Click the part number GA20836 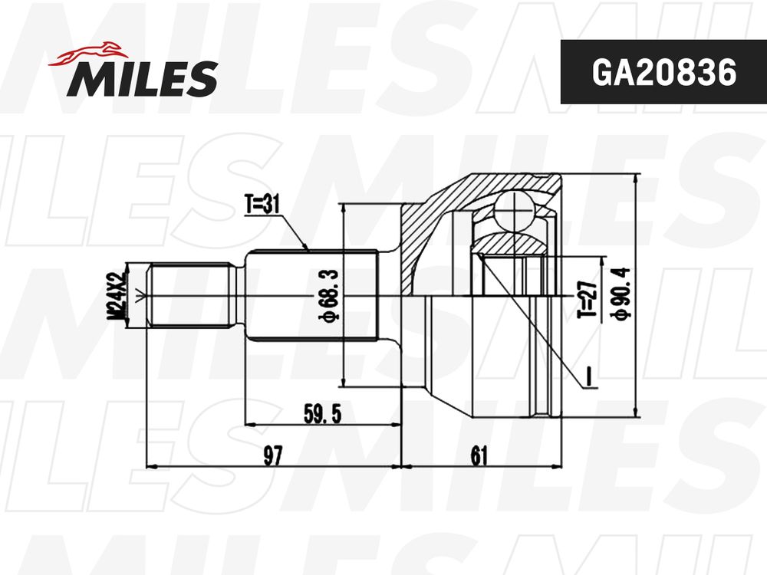[x=663, y=72]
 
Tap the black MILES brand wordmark [x=143, y=78]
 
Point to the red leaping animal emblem [x=88, y=54]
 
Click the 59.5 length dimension [x=322, y=414]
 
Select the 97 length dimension [x=273, y=455]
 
